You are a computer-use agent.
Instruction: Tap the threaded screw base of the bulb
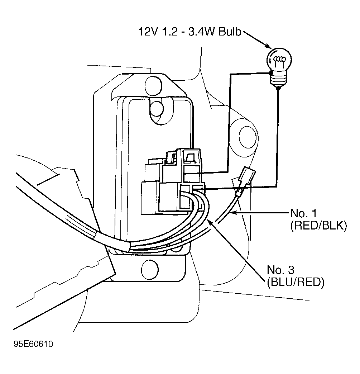pyautogui.click(x=278, y=79)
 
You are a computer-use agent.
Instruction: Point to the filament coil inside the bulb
pyautogui.click(x=279, y=59)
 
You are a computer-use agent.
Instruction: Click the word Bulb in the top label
pyautogui.click(x=230, y=32)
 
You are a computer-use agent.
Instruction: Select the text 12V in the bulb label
pyautogui.click(x=147, y=32)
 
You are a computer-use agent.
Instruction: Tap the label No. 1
pyautogui.click(x=303, y=213)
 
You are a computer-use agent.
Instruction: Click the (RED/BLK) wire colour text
pyautogui.click(x=318, y=226)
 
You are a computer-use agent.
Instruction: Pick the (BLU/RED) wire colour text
pyautogui.click(x=296, y=283)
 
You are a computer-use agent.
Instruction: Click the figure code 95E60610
pyautogui.click(x=33, y=344)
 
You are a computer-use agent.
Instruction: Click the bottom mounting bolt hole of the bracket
pyautogui.click(x=150, y=269)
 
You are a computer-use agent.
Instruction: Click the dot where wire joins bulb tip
pyautogui.click(x=278, y=89)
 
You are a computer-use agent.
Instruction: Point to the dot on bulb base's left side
pyautogui.click(x=270, y=73)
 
